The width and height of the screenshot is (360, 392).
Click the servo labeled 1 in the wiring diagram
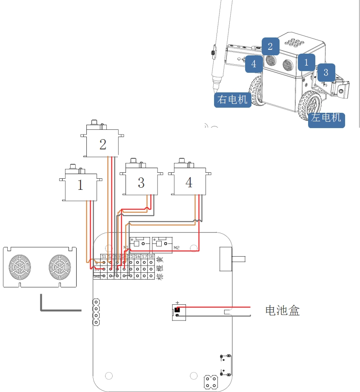(81, 185)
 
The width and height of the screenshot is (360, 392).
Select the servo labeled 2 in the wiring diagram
(103, 144)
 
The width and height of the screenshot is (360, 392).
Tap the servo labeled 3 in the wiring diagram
(141, 182)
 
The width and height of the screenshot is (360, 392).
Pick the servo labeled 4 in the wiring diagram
(189, 182)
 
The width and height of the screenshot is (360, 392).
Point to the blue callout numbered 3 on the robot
(326, 72)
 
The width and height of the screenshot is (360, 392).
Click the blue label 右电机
(232, 100)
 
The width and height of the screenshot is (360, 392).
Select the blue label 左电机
(326, 118)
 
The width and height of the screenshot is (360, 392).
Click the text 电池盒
(283, 310)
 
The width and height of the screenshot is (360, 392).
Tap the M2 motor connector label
(177, 247)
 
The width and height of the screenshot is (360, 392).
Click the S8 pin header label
(151, 257)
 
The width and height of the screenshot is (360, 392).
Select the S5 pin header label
(131, 257)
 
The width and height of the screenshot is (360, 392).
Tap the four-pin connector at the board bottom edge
(211, 381)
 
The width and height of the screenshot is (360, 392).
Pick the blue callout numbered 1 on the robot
(306, 62)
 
